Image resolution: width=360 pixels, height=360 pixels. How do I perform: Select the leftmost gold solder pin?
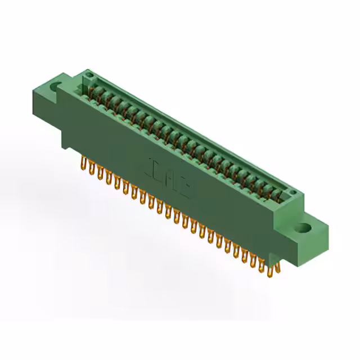(x=83, y=164)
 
